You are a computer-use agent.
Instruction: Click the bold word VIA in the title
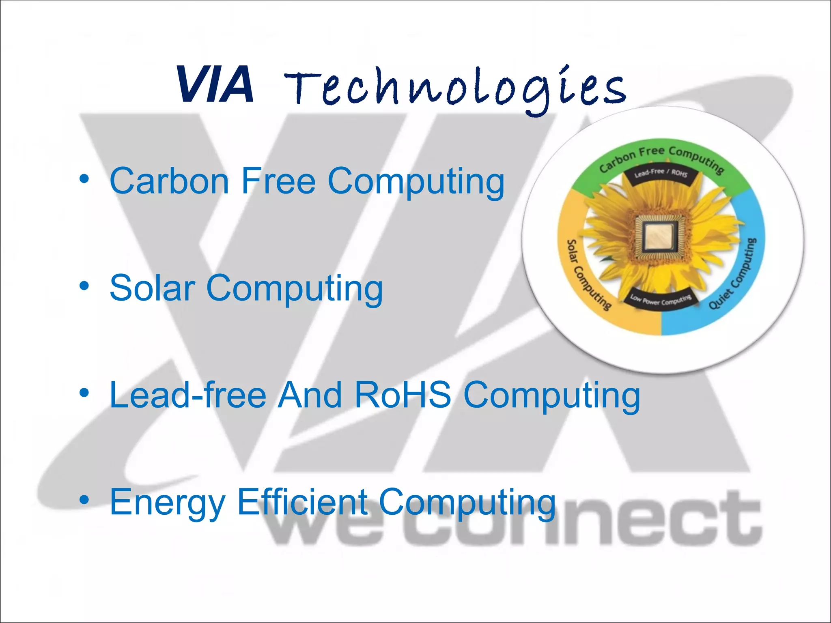215,85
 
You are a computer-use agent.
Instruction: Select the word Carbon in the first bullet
169,181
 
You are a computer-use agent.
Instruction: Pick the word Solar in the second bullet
153,288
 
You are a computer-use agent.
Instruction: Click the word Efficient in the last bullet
303,502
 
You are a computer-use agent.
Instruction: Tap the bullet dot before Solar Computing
84,286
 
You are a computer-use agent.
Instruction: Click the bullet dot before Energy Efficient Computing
84,500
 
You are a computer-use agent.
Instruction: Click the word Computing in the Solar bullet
295,289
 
